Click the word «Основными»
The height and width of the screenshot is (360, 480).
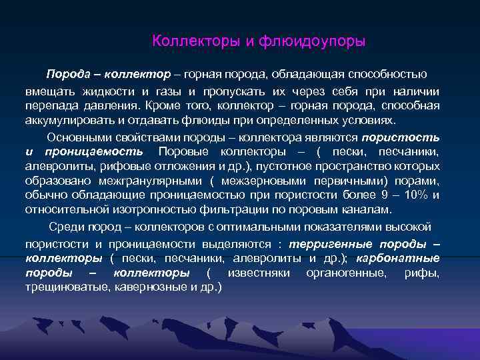(x=78, y=137)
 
